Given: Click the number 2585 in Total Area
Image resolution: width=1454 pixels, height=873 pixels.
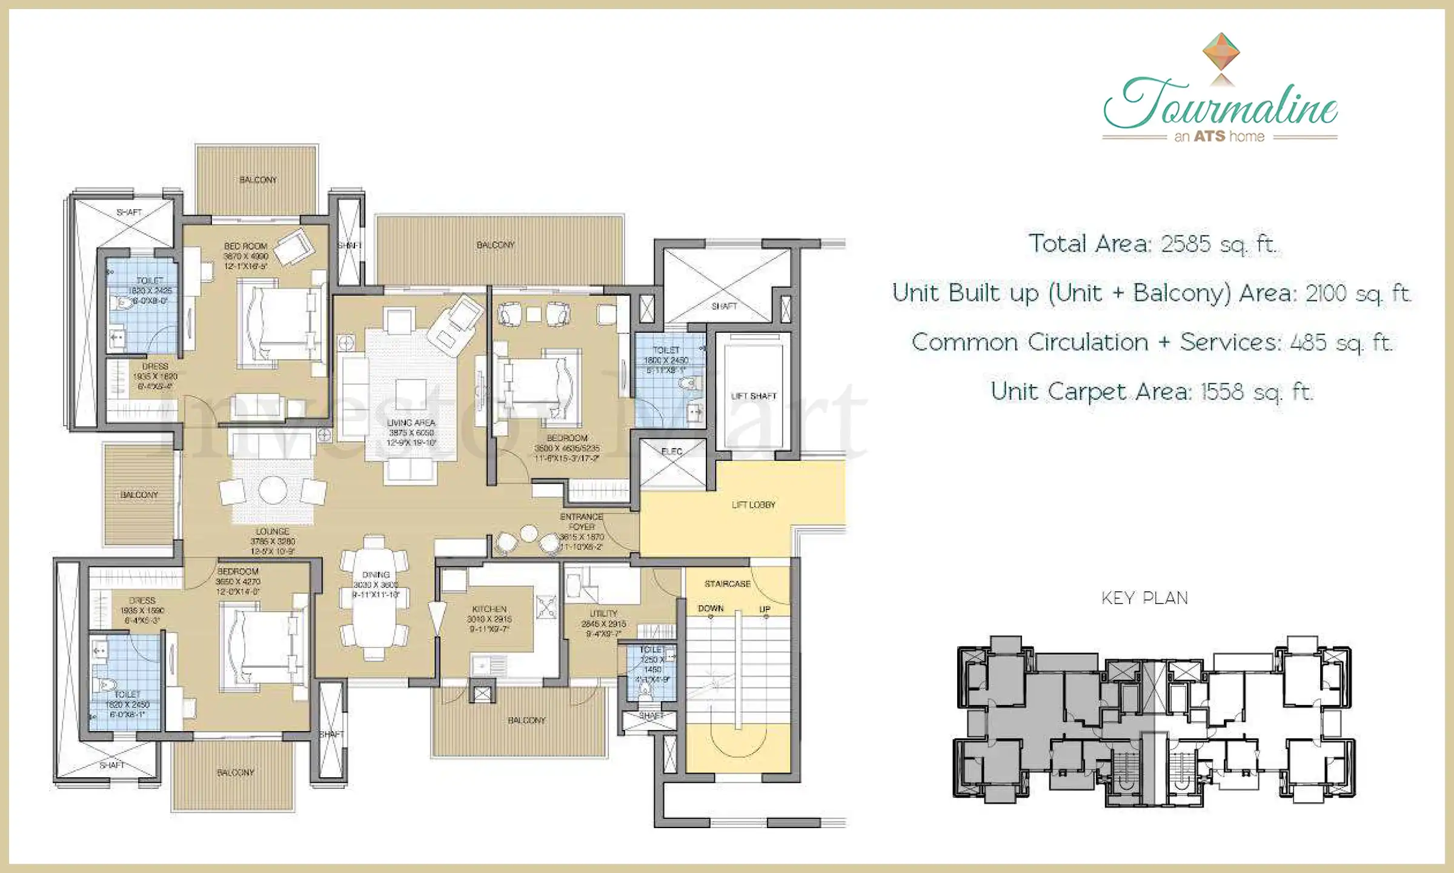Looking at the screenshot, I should click(1185, 244).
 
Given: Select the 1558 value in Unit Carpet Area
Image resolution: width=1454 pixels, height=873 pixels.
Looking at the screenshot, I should click(1221, 392).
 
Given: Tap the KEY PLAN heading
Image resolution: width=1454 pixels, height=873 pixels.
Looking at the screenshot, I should click(1144, 598).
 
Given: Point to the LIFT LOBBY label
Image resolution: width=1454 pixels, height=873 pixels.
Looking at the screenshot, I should click(753, 504).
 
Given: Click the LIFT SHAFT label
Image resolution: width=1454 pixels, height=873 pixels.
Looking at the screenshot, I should click(753, 396).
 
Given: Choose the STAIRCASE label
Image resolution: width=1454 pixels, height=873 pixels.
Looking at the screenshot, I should click(727, 584).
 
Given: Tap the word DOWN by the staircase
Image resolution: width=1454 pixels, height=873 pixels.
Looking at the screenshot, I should click(711, 608).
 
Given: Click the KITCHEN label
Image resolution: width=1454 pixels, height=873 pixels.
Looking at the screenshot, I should click(489, 609).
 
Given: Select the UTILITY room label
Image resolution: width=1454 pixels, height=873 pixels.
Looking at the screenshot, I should click(603, 614).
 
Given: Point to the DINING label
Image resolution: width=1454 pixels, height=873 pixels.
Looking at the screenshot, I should click(376, 574).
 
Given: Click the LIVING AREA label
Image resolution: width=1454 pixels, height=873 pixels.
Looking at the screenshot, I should click(411, 423).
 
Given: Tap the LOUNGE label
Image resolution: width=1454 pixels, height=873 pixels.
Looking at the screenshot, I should click(272, 531).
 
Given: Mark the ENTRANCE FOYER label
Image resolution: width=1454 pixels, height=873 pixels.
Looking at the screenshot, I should click(581, 521).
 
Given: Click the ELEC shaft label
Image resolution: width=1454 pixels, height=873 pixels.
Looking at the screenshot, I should click(671, 452).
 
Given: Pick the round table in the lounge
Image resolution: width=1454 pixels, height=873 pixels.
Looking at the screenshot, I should click(273, 490).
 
